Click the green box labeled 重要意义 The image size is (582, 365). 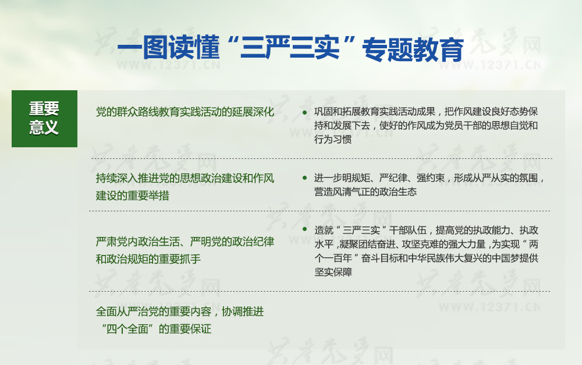(x=45, y=118)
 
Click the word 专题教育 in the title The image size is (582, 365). (x=413, y=49)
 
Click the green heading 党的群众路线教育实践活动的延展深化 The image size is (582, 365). (x=185, y=112)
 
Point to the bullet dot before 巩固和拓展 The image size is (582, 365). (x=305, y=112)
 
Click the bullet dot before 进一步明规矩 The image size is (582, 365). (x=305, y=178)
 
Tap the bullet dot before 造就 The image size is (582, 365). (x=305, y=229)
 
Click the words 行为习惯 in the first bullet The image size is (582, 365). (x=333, y=139)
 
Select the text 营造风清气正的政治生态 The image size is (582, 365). (x=365, y=192)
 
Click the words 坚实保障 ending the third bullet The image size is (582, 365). (x=333, y=272)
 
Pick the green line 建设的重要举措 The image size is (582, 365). (x=133, y=196)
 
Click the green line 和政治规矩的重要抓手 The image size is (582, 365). (x=148, y=259)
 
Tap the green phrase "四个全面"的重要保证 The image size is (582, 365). (x=156, y=328)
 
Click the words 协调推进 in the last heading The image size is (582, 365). (x=243, y=311)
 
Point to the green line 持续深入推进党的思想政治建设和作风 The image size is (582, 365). (x=185, y=178)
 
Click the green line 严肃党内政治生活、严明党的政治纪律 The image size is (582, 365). (x=185, y=242)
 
